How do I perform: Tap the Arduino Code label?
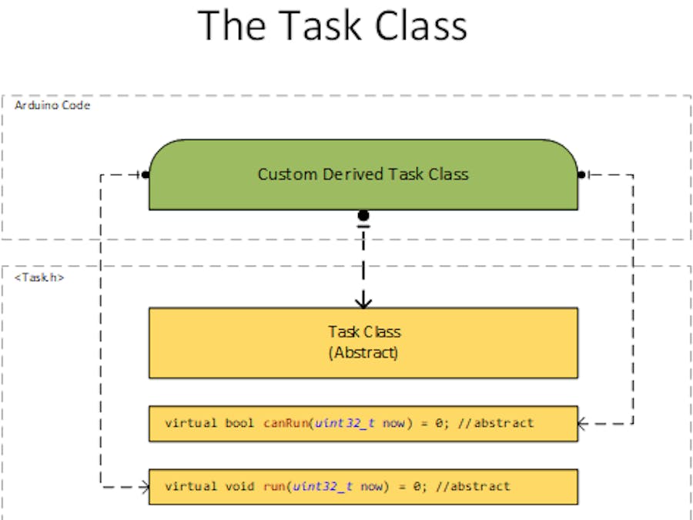click(52, 105)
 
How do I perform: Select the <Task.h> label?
click(39, 277)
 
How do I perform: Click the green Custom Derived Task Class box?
click(363, 174)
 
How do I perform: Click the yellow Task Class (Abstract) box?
click(363, 342)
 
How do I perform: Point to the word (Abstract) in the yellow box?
click(364, 353)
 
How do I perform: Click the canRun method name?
click(286, 423)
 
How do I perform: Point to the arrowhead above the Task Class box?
click(363, 300)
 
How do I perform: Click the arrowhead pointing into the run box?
click(143, 486)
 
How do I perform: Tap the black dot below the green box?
click(363, 216)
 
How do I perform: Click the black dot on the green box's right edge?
click(581, 174)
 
